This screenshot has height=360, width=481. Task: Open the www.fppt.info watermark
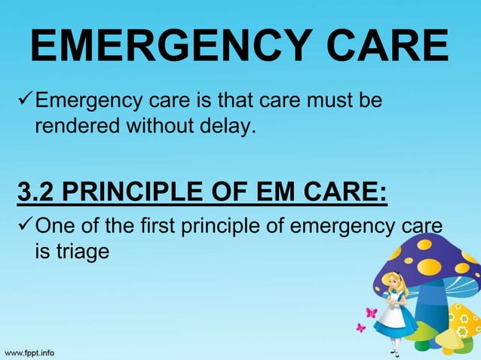[x=31, y=351]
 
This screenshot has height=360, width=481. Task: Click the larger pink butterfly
[x=370, y=312]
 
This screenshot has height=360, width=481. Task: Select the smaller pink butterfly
[x=360, y=328]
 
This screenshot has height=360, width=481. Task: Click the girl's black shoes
[x=394, y=352]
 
